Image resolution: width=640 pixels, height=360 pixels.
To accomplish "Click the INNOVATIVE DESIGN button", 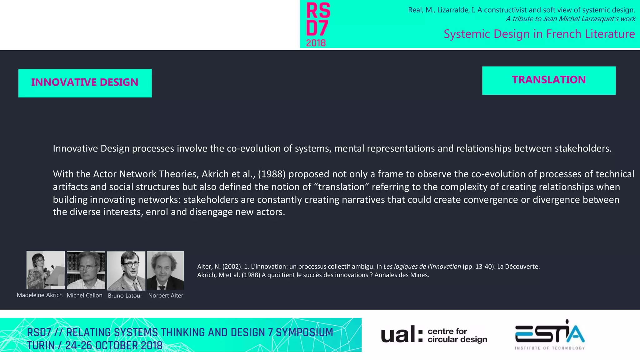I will tap(85, 83).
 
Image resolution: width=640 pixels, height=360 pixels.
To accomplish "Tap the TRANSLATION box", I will tap(549, 80).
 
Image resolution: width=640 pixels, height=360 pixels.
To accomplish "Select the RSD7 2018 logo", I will tap(318, 24).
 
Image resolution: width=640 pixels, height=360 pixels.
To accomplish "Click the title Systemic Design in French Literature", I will tap(539, 34).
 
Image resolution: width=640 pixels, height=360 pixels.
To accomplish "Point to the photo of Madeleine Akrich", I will tap(46, 270).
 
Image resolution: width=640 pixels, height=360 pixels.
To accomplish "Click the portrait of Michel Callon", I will tap(86, 270).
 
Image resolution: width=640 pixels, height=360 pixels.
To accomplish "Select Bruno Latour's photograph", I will tap(126, 271).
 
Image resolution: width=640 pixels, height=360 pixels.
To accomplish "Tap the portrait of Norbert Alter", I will tap(165, 270).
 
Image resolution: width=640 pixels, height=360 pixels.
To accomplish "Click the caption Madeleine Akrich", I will tap(40, 295).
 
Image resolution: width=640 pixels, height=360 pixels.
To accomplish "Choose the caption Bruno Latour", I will tap(125, 296).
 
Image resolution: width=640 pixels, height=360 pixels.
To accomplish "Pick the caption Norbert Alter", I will tap(166, 295).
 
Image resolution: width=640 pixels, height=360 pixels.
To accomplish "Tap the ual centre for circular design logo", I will tap(434, 335).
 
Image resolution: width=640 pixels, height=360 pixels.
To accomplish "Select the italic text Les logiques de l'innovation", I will tap(422, 267).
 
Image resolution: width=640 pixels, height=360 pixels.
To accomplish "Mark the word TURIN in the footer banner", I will tap(41, 346).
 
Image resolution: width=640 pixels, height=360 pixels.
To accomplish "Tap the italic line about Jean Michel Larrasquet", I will tap(570, 19).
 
